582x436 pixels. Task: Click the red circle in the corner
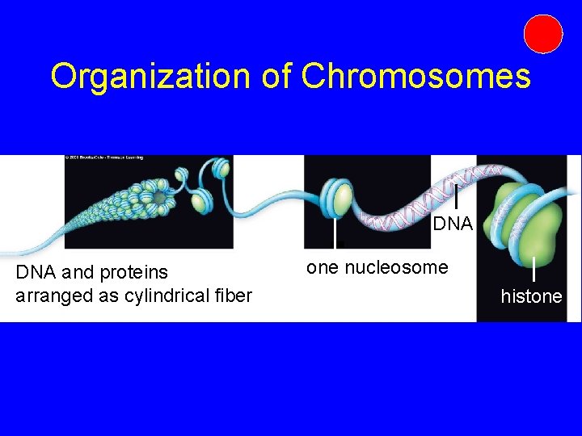click(x=542, y=34)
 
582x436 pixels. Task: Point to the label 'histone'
click(x=531, y=297)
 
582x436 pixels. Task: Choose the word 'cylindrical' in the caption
click(x=165, y=296)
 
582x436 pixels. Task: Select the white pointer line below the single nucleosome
click(x=336, y=234)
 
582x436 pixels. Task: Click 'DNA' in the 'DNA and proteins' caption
click(x=32, y=274)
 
